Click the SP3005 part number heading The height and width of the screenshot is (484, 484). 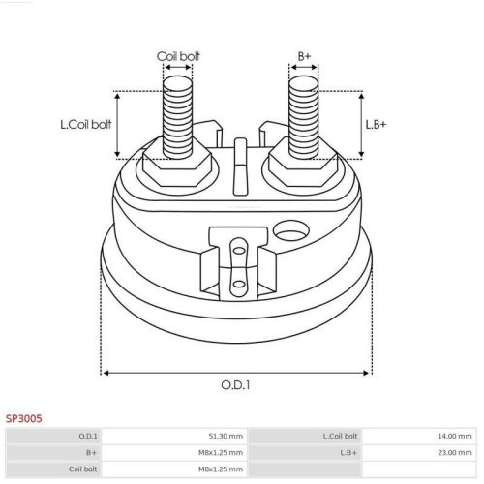tap(24, 418)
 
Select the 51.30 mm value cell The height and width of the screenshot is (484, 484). tap(226, 437)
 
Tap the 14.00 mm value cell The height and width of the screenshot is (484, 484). tap(455, 437)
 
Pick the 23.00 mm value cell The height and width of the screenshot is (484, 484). tap(455, 453)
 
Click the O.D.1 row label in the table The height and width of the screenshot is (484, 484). tap(88, 437)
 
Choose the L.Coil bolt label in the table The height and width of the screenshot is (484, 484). tap(340, 437)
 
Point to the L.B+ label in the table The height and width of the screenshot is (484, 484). tap(348, 453)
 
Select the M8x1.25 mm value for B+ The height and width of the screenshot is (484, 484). tap(221, 453)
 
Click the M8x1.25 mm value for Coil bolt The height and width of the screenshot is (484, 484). tap(221, 469)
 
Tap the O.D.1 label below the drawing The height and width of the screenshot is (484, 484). tap(235, 385)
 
